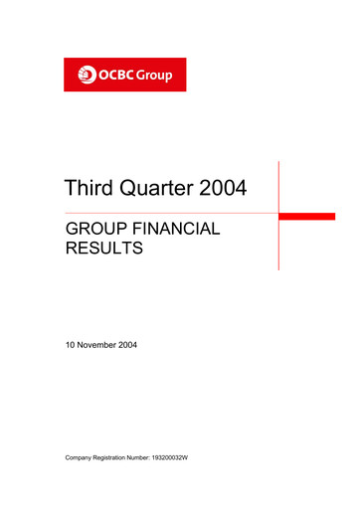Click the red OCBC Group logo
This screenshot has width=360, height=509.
124,75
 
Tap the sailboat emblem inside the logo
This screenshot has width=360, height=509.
86,75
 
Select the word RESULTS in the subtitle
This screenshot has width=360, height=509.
103,252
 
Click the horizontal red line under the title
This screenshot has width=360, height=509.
169,213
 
